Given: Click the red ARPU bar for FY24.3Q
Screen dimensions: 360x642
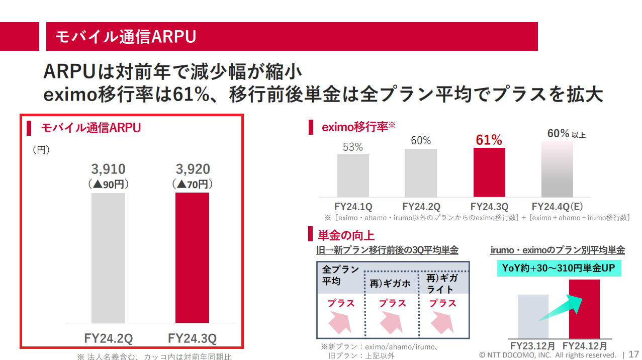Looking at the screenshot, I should pyautogui.click(x=192, y=257).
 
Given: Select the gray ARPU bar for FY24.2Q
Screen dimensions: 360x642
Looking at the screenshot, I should pyautogui.click(x=108, y=257).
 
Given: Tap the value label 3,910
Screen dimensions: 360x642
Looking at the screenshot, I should pyautogui.click(x=108, y=169).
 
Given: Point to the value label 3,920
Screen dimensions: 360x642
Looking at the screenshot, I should pyautogui.click(x=193, y=169).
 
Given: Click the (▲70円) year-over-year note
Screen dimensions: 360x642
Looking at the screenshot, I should pyautogui.click(x=193, y=184).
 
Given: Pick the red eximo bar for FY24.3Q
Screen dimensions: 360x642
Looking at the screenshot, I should pyautogui.click(x=489, y=172).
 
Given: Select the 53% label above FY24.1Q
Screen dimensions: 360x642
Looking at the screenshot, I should pyautogui.click(x=353, y=147).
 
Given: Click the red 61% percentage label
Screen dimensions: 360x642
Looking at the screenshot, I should pyautogui.click(x=489, y=140).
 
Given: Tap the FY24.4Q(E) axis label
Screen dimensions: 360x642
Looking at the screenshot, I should pyautogui.click(x=557, y=207).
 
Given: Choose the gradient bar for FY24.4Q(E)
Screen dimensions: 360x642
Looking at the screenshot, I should pyautogui.click(x=557, y=168).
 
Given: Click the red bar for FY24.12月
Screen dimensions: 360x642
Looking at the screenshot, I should pyautogui.click(x=584, y=309).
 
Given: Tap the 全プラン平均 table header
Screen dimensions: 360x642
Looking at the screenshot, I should pyautogui.click(x=340, y=275).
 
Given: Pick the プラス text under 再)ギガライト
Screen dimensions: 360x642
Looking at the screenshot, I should pyautogui.click(x=443, y=303).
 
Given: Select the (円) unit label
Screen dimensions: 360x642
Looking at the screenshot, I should pyautogui.click(x=41, y=150).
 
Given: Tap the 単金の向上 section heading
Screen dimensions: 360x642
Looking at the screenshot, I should pyautogui.click(x=346, y=235).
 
